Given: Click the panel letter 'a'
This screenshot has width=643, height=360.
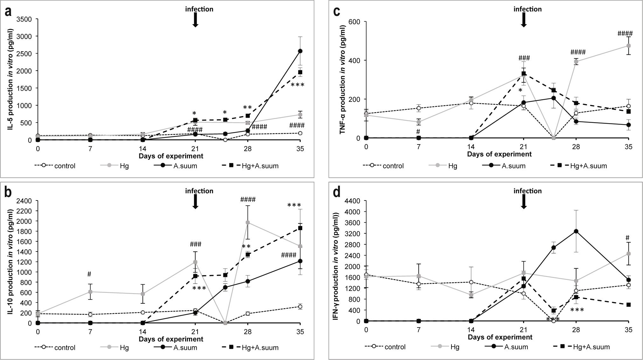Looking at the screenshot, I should coord(8,12).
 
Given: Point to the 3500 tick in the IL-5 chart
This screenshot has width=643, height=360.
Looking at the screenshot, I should coord(25,19).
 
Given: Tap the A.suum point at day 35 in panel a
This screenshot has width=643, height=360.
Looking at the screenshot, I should coord(300,51).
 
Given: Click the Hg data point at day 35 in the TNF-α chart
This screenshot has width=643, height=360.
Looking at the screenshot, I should coord(628,46).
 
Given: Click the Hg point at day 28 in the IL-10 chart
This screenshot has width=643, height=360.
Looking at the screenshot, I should coord(248,222).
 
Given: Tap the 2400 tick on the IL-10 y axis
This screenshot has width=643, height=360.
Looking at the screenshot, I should coord(25,201).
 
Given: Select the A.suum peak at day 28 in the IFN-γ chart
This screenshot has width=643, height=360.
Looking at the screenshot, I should coord(576,231).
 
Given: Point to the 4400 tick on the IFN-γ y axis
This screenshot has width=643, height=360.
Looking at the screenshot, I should coord(353,201).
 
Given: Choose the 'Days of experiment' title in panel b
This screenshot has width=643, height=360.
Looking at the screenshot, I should coord(171,339).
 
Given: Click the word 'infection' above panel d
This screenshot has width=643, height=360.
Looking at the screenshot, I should coord(528,191).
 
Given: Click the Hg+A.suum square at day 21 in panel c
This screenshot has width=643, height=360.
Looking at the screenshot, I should coord(524,74).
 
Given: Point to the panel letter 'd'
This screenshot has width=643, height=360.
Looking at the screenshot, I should coord(336,194).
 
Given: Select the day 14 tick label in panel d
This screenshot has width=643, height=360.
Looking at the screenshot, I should coord(471,331).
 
